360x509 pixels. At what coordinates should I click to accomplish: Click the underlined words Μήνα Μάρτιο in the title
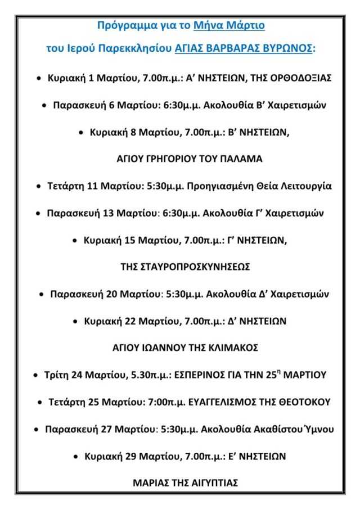[229, 26]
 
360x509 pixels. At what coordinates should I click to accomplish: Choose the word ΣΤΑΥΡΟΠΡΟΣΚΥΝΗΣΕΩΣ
[186, 267]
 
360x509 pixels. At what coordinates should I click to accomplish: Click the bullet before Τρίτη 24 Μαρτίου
[36, 375]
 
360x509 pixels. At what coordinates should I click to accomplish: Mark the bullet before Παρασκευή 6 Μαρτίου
[44, 105]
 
